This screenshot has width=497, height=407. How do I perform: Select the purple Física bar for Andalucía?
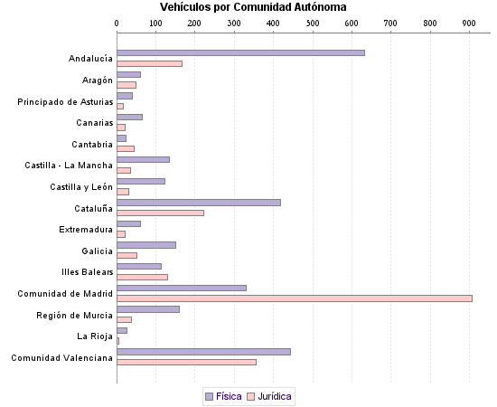click(x=240, y=52)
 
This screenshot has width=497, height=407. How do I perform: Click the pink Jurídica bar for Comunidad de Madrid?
click(x=295, y=298)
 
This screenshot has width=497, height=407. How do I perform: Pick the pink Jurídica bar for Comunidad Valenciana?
click(x=186, y=362)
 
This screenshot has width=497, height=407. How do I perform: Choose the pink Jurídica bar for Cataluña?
click(x=160, y=213)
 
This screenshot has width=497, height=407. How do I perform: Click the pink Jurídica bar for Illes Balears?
click(x=142, y=277)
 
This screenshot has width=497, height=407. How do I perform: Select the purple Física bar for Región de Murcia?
click(x=148, y=309)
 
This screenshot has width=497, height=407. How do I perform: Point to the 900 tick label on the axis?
click(x=468, y=22)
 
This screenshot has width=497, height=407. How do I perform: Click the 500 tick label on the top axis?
click(x=312, y=22)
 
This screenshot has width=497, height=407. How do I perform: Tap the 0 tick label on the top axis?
click(x=117, y=22)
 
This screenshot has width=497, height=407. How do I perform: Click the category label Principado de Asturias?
click(x=65, y=101)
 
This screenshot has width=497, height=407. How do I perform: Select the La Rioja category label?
click(x=95, y=336)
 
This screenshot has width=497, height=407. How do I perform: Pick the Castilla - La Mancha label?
click(x=69, y=166)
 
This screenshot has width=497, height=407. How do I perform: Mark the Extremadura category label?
click(x=86, y=229)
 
